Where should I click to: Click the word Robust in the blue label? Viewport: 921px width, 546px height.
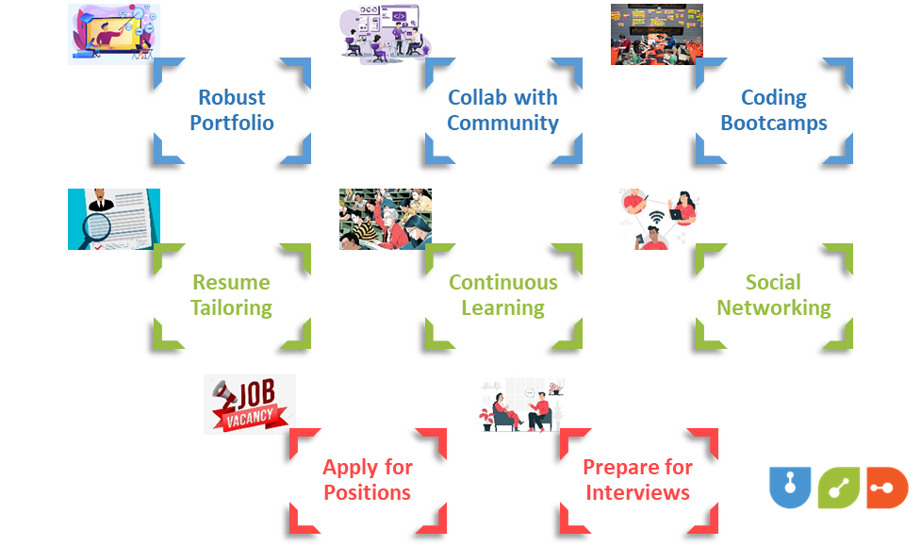[231, 98]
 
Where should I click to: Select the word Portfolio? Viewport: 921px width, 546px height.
[231, 124]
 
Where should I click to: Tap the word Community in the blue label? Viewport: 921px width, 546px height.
[502, 124]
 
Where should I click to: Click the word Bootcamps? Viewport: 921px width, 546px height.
[774, 124]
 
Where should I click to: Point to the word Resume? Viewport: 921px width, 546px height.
[231, 283]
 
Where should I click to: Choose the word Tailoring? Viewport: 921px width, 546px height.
[231, 308]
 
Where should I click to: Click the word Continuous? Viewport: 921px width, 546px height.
[502, 283]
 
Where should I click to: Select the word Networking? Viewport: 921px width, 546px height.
[774, 308]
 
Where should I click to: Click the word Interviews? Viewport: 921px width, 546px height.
[637, 493]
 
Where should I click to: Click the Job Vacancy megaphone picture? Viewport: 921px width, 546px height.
[249, 404]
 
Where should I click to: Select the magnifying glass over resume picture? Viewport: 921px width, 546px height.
[113, 219]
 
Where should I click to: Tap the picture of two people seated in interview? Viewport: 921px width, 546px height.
[520, 404]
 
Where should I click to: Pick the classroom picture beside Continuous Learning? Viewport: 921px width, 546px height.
[385, 219]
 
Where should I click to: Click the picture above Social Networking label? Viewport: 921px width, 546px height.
[656, 219]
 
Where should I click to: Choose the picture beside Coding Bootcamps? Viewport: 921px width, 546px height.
[656, 34]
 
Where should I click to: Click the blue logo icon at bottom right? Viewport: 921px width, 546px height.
[789, 487]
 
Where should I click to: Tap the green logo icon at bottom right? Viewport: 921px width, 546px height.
[838, 487]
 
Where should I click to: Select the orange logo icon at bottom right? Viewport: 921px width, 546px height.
[886, 487]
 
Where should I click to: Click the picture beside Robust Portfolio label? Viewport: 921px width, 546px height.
[113, 34]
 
